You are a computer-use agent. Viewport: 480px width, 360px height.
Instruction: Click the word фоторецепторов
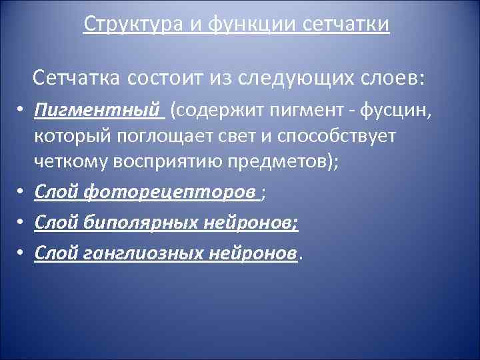point(171,192)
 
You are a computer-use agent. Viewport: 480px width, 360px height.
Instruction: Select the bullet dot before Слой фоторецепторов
point(21,193)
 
